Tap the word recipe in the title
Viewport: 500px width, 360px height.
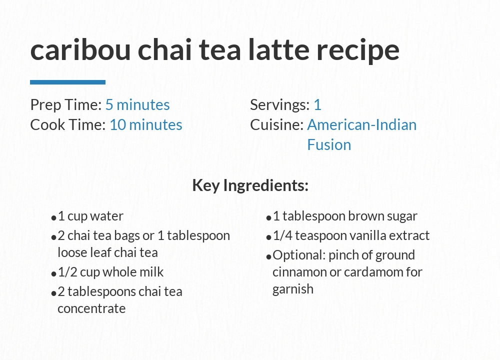pyautogui.click(x=359, y=50)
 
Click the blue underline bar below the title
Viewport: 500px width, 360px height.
pyautogui.click(x=67, y=82)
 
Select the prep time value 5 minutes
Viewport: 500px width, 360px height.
pyautogui.click(x=137, y=105)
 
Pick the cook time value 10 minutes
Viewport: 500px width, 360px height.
pyautogui.click(x=146, y=125)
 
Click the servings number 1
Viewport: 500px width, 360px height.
pyautogui.click(x=317, y=105)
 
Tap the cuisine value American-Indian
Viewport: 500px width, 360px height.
pyautogui.click(x=361, y=125)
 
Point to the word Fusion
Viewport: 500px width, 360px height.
pyautogui.click(x=329, y=145)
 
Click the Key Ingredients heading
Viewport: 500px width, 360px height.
pyautogui.click(x=250, y=185)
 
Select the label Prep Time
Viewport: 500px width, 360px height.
pyautogui.click(x=66, y=105)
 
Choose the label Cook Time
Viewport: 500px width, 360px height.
pyautogui.click(x=68, y=125)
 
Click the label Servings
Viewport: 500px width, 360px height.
pyautogui.click(x=280, y=105)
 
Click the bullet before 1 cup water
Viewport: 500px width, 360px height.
pyautogui.click(x=53, y=217)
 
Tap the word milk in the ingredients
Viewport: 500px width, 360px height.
pyautogui.click(x=151, y=272)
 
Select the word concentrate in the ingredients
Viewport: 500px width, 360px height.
pyautogui.click(x=91, y=308)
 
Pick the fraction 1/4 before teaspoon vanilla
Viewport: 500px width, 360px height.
pyautogui.click(x=282, y=235)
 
